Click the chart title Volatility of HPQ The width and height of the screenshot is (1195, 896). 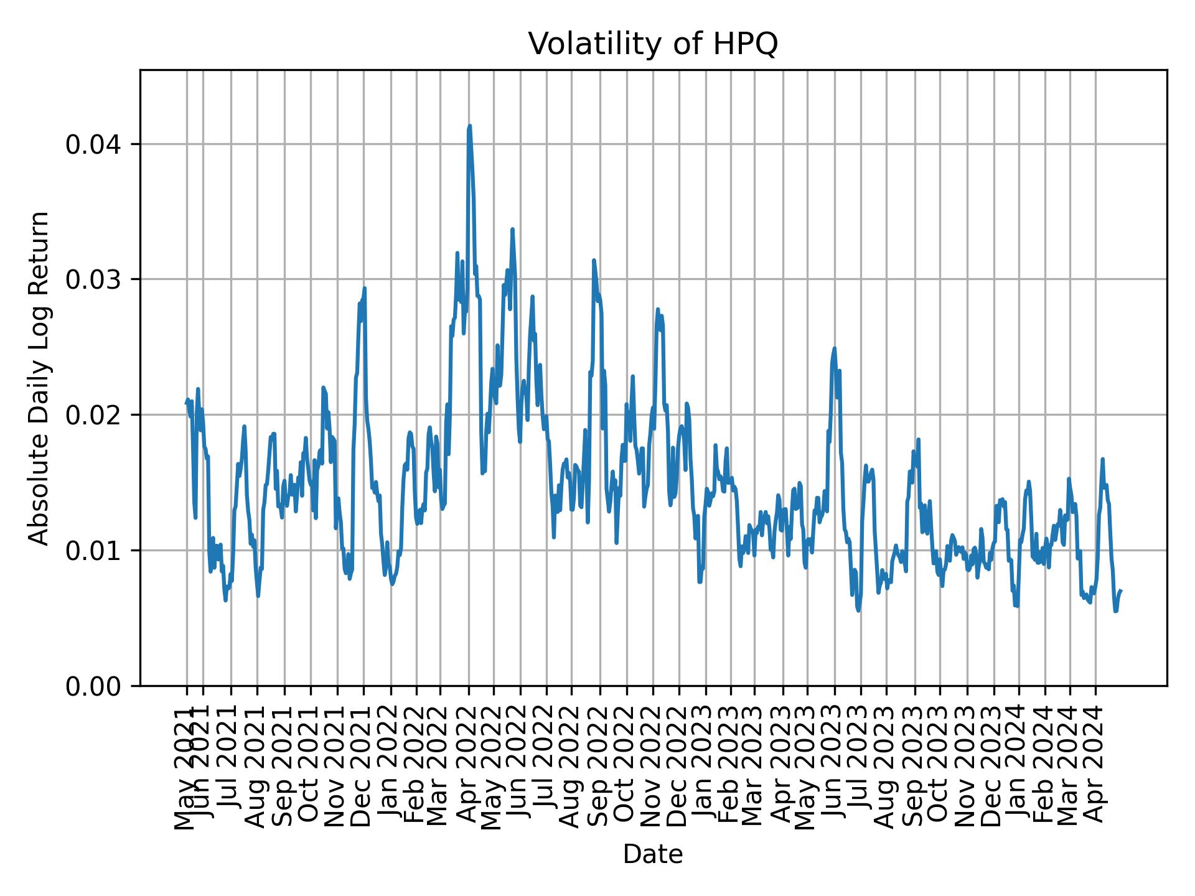pos(653,44)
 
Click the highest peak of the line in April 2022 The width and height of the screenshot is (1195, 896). pos(469,126)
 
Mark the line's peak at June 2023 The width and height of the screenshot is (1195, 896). pos(834,348)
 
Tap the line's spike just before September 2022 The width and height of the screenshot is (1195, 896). pos(594,260)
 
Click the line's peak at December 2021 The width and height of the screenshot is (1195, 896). pos(365,288)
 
